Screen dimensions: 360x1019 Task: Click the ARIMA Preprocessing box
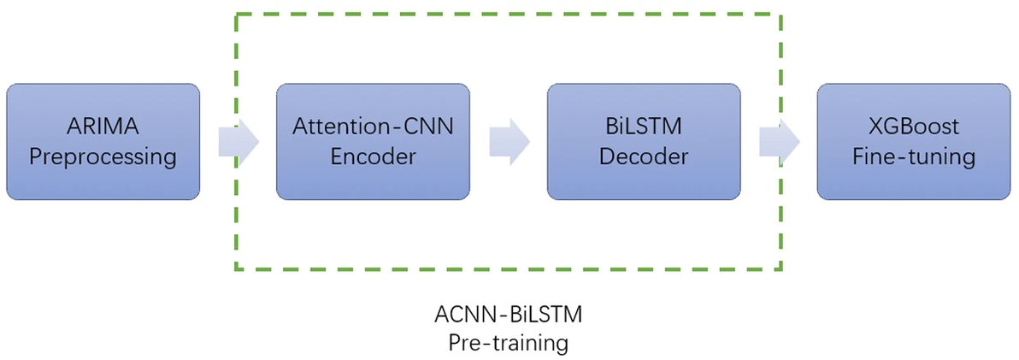coord(103,142)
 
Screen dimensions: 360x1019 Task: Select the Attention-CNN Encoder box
coord(373,142)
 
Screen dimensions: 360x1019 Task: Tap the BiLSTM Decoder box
coord(644,142)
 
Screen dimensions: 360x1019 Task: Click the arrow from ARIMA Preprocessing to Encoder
coord(239,142)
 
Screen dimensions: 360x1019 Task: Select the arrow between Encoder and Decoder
coord(509,142)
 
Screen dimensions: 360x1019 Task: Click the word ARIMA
coord(103,127)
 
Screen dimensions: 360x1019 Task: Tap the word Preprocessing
coord(103,157)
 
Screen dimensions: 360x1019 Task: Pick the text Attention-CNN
coord(373,127)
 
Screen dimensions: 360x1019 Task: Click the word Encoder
coord(373,157)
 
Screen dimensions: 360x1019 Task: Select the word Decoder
coord(644,157)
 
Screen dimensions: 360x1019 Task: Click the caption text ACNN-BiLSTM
coord(509,315)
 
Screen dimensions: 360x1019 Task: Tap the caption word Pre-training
coord(509,343)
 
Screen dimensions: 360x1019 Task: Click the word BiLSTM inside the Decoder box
coord(644,127)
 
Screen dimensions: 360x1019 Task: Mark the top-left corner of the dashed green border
coord(237,15)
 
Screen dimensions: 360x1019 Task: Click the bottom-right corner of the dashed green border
coord(781,269)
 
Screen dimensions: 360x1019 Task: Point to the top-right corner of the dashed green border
coord(781,15)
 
